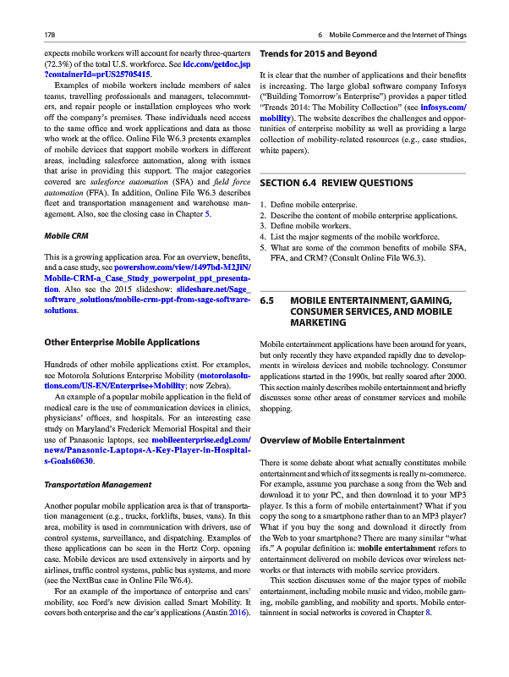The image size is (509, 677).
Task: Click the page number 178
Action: tap(37, 34)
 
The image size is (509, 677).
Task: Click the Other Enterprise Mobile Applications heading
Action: tap(121, 342)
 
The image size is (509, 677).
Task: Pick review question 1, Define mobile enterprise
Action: tap(314, 205)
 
